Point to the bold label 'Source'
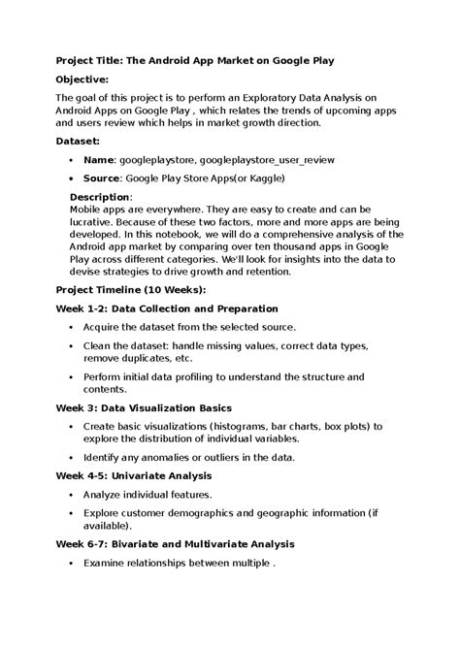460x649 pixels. point(102,178)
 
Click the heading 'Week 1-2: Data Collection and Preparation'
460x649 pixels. point(160,308)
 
